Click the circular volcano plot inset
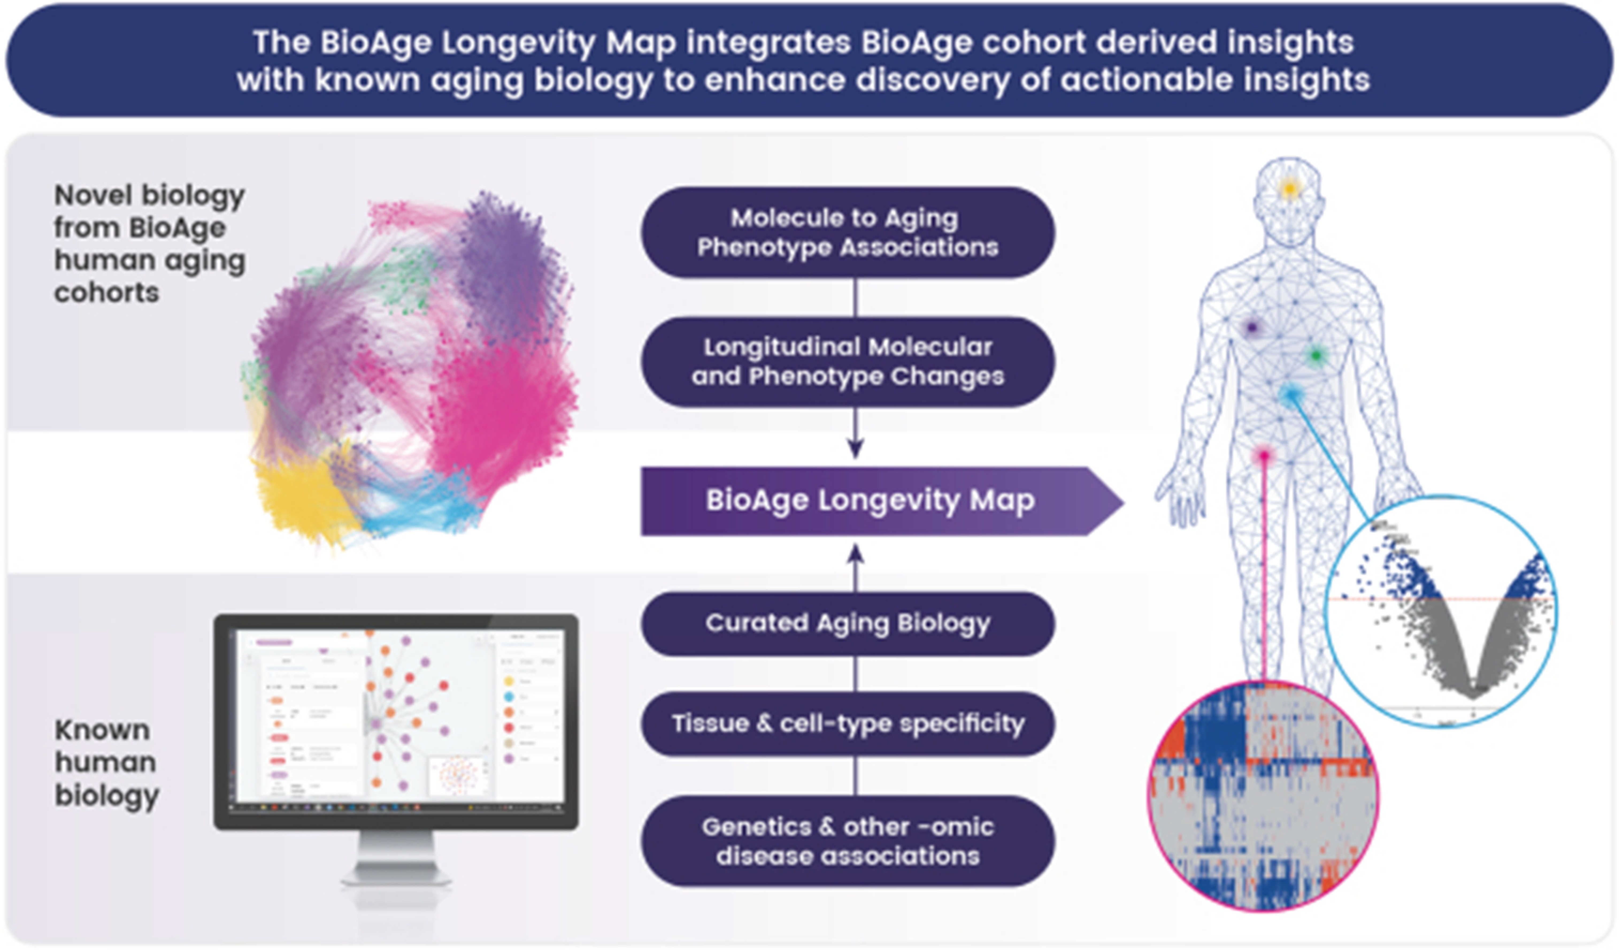(x=1441, y=611)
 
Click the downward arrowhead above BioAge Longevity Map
(x=855, y=448)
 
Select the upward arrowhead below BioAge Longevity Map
(x=855, y=554)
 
